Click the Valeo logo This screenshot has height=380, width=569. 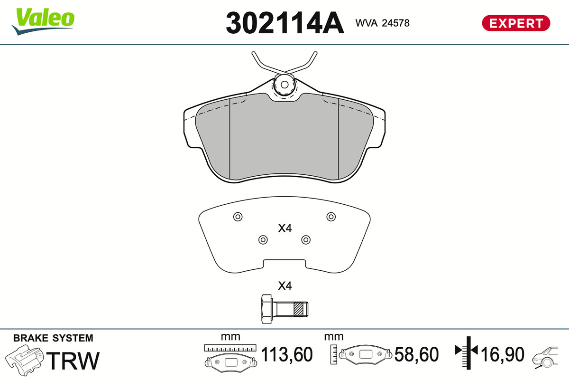tap(43, 21)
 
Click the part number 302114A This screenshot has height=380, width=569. tap(285, 23)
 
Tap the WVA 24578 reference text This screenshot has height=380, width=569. tap(382, 23)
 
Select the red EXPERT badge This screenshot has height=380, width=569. tap(516, 23)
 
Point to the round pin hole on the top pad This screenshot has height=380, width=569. tap(284, 85)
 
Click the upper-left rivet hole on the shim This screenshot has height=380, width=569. tap(238, 217)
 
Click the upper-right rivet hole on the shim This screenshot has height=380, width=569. tap(331, 217)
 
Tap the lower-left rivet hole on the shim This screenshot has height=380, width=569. tap(263, 240)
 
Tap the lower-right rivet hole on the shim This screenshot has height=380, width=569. tap(306, 240)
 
